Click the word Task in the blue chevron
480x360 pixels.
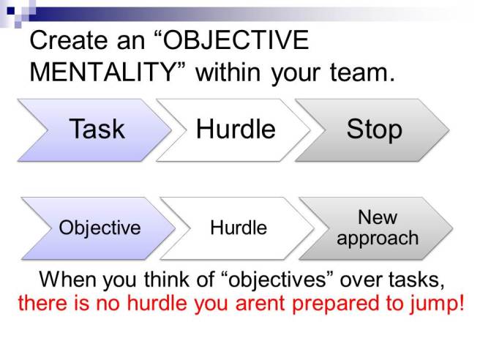coord(97,130)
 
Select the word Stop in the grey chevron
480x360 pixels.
coord(374,130)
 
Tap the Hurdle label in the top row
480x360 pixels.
coord(236,130)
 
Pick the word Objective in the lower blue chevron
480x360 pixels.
coord(100,228)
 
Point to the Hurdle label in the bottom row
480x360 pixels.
coord(239,228)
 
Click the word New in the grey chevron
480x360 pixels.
coord(378,218)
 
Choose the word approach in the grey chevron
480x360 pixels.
coord(378,239)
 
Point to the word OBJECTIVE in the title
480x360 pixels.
coord(239,40)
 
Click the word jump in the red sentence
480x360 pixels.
coord(438,302)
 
